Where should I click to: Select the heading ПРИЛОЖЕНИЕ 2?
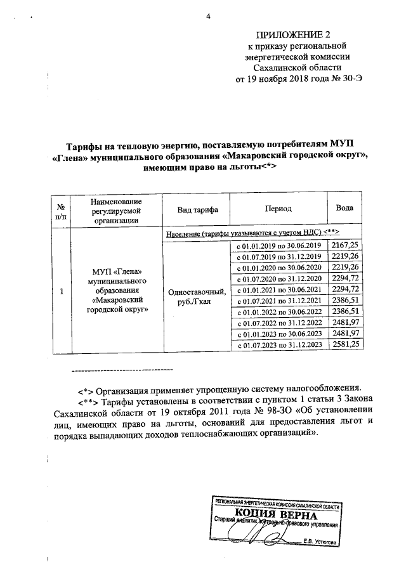click(x=297, y=34)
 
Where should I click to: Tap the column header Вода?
click(x=345, y=209)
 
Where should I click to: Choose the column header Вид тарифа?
click(x=195, y=209)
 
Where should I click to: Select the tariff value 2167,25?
click(x=344, y=244)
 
